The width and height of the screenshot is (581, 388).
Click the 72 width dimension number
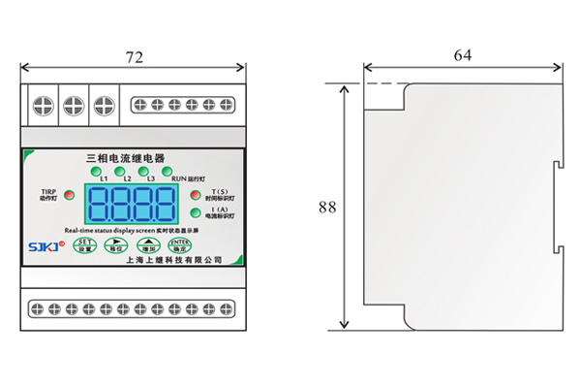pyautogui.click(x=135, y=57)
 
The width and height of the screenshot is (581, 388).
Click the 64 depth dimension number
pyautogui.click(x=463, y=55)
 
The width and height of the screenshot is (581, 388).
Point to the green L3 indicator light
pyautogui.click(x=146, y=172)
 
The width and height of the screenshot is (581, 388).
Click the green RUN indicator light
pyautogui.click(x=168, y=172)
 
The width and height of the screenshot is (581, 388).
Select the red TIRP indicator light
pyautogui.click(x=67, y=206)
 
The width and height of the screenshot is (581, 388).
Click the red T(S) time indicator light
pyautogui.click(x=195, y=194)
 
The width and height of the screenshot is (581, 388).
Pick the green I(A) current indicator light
pyautogui.click(x=195, y=212)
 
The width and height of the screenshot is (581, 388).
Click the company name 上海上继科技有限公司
pyautogui.click(x=174, y=259)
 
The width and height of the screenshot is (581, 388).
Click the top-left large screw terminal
pyautogui.click(x=43, y=102)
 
